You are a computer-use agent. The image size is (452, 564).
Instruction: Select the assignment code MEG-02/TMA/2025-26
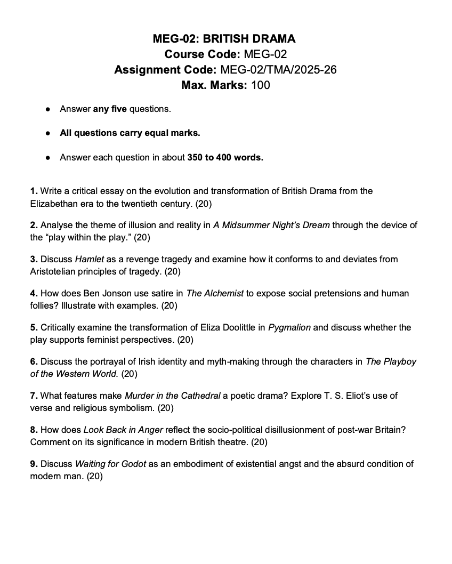(x=278, y=69)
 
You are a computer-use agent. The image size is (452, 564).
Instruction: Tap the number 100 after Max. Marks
(x=260, y=85)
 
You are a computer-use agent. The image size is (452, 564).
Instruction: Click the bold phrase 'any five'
(x=110, y=109)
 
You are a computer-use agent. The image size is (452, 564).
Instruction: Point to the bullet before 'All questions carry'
(x=48, y=133)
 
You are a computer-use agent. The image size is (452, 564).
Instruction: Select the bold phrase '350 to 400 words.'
(x=225, y=157)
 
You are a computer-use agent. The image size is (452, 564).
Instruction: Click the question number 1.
(x=34, y=191)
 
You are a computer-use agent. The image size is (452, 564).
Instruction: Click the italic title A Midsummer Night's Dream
(x=272, y=225)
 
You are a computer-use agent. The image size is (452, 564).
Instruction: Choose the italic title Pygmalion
(x=289, y=327)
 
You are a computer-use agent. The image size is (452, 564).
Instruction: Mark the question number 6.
(x=34, y=361)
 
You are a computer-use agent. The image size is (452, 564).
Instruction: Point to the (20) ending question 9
(x=94, y=476)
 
